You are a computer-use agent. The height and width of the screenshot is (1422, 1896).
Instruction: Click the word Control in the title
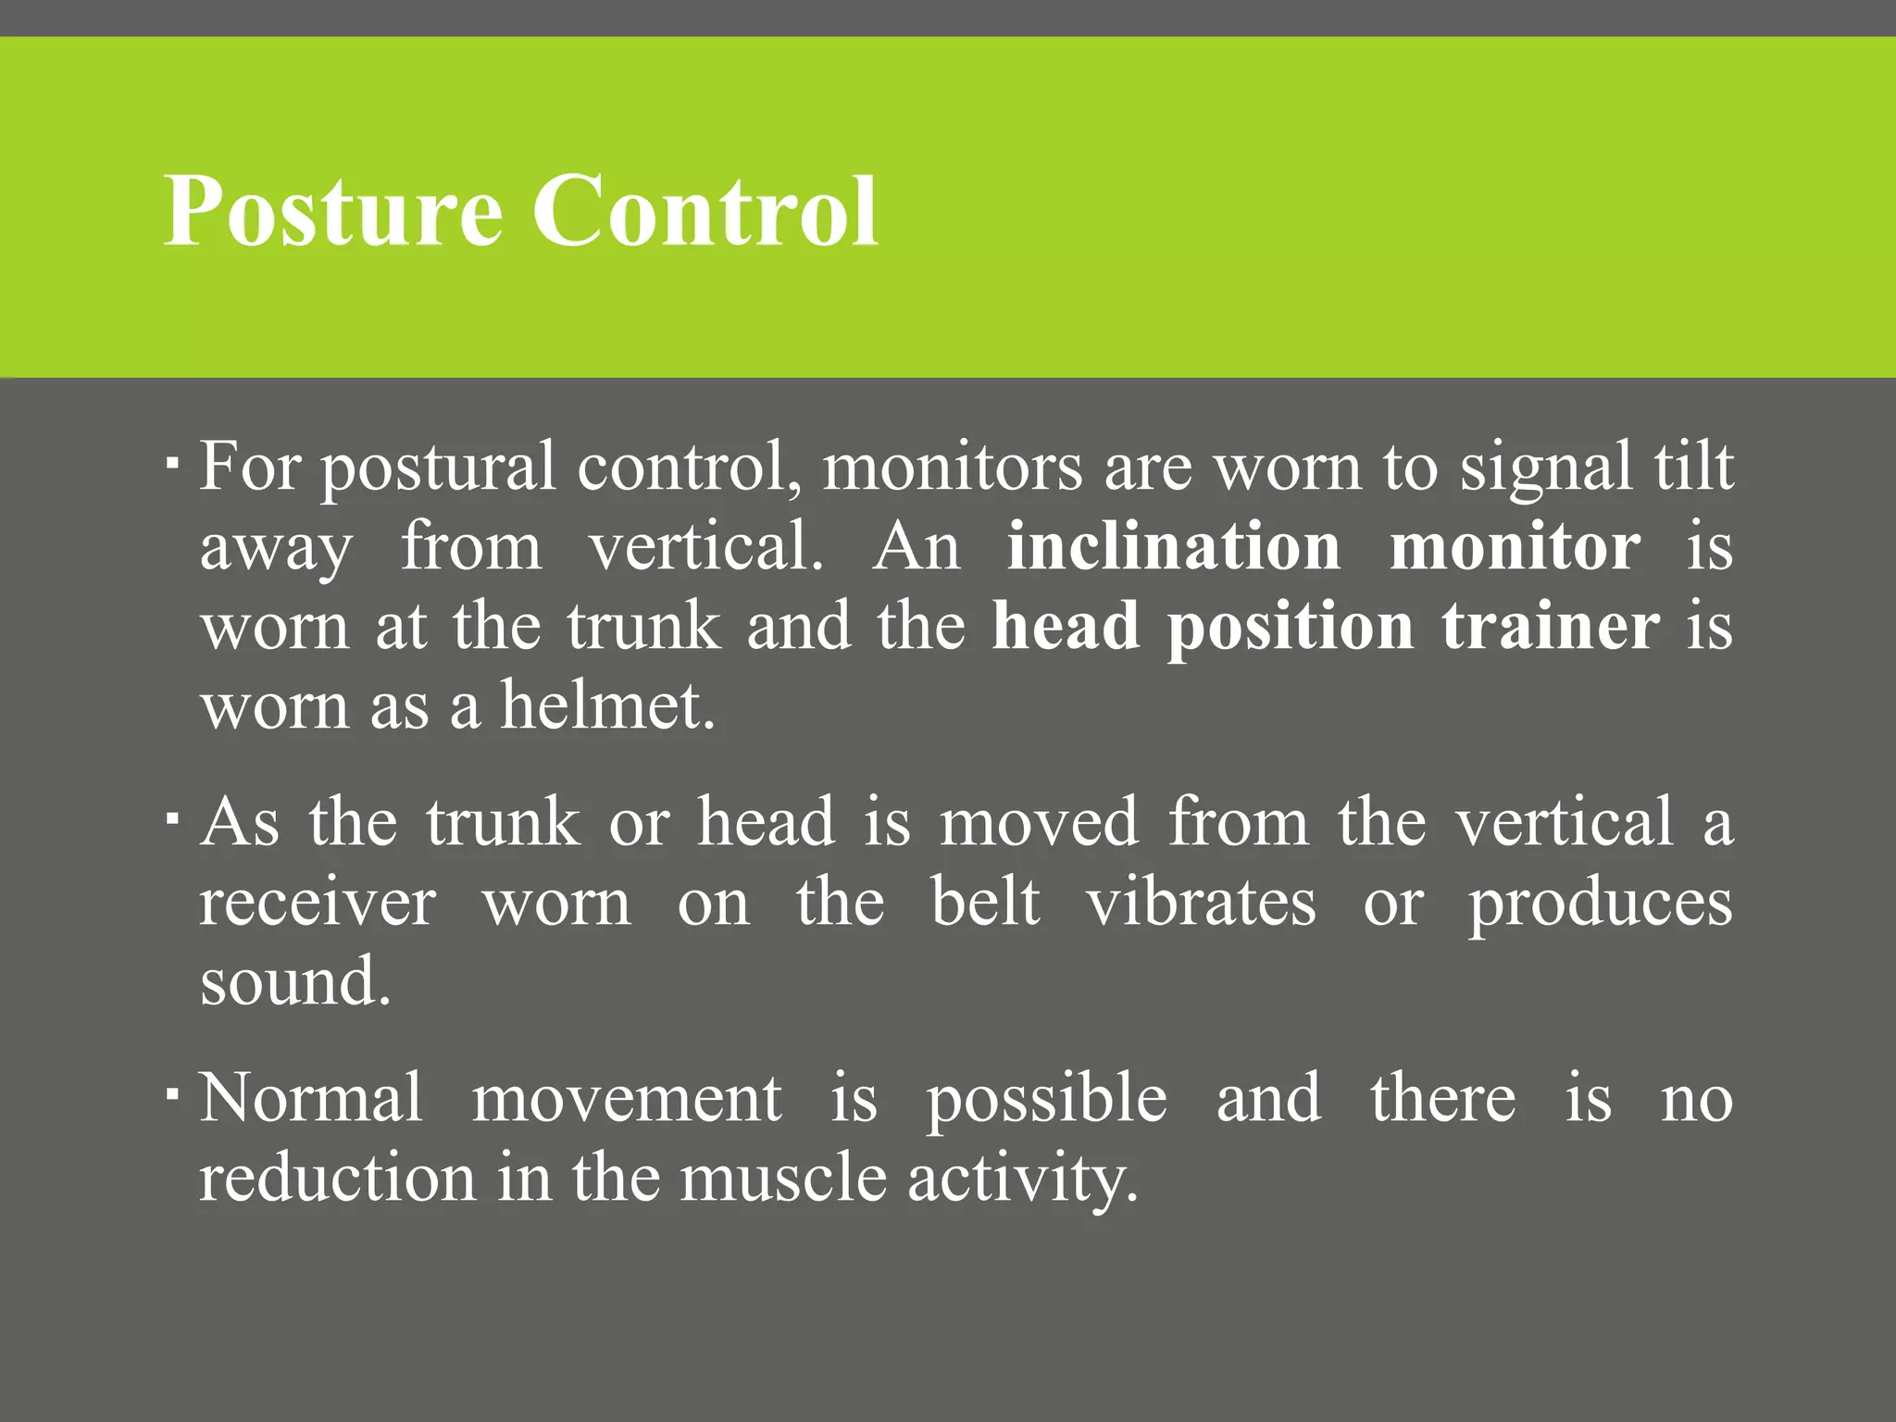pos(705,213)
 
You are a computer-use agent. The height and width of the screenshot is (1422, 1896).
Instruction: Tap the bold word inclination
pos(1173,547)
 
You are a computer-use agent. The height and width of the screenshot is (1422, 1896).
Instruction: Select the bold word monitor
pos(1515,547)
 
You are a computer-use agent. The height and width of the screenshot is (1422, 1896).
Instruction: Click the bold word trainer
pos(1551,628)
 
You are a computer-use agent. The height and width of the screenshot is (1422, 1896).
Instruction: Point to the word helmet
pos(608,707)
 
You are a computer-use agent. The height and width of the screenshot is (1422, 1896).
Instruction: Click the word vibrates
pos(1201,902)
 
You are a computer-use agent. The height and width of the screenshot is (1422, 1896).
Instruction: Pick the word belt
pos(985,902)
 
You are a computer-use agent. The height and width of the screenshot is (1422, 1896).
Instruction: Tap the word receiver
pos(318,904)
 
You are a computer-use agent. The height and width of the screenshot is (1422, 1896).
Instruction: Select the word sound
pos(295,983)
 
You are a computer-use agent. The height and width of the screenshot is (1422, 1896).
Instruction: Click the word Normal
pos(311,1098)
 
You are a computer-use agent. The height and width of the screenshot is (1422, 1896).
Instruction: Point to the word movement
pos(627,1100)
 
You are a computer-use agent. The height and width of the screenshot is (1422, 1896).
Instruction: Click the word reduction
pos(338,1179)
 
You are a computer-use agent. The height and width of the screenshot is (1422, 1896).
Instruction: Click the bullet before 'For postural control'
pos(173,460)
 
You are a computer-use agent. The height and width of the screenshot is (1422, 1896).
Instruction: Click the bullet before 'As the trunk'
pos(173,817)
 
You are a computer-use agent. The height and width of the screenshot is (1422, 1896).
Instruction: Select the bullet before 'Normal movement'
pos(173,1093)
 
